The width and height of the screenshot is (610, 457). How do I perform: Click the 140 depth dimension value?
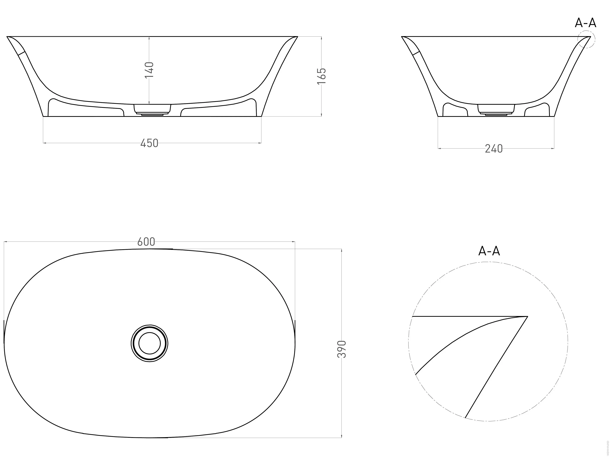pos(149,70)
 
